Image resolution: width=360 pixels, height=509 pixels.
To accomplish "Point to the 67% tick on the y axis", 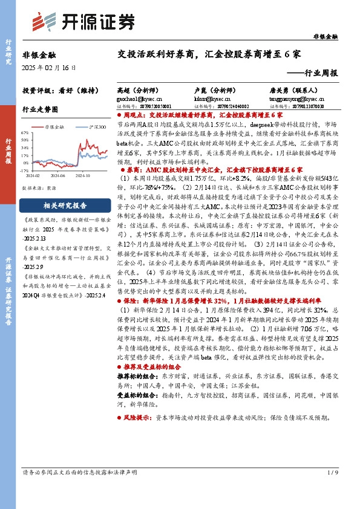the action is click(25, 132).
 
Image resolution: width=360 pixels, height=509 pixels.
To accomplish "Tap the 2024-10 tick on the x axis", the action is click(85, 175).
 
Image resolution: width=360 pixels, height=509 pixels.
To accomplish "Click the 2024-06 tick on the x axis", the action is click(58, 175).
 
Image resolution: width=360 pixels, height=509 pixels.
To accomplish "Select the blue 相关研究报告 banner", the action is click(64, 205).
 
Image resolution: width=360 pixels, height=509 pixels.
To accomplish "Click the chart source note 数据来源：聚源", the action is click(39, 188).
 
